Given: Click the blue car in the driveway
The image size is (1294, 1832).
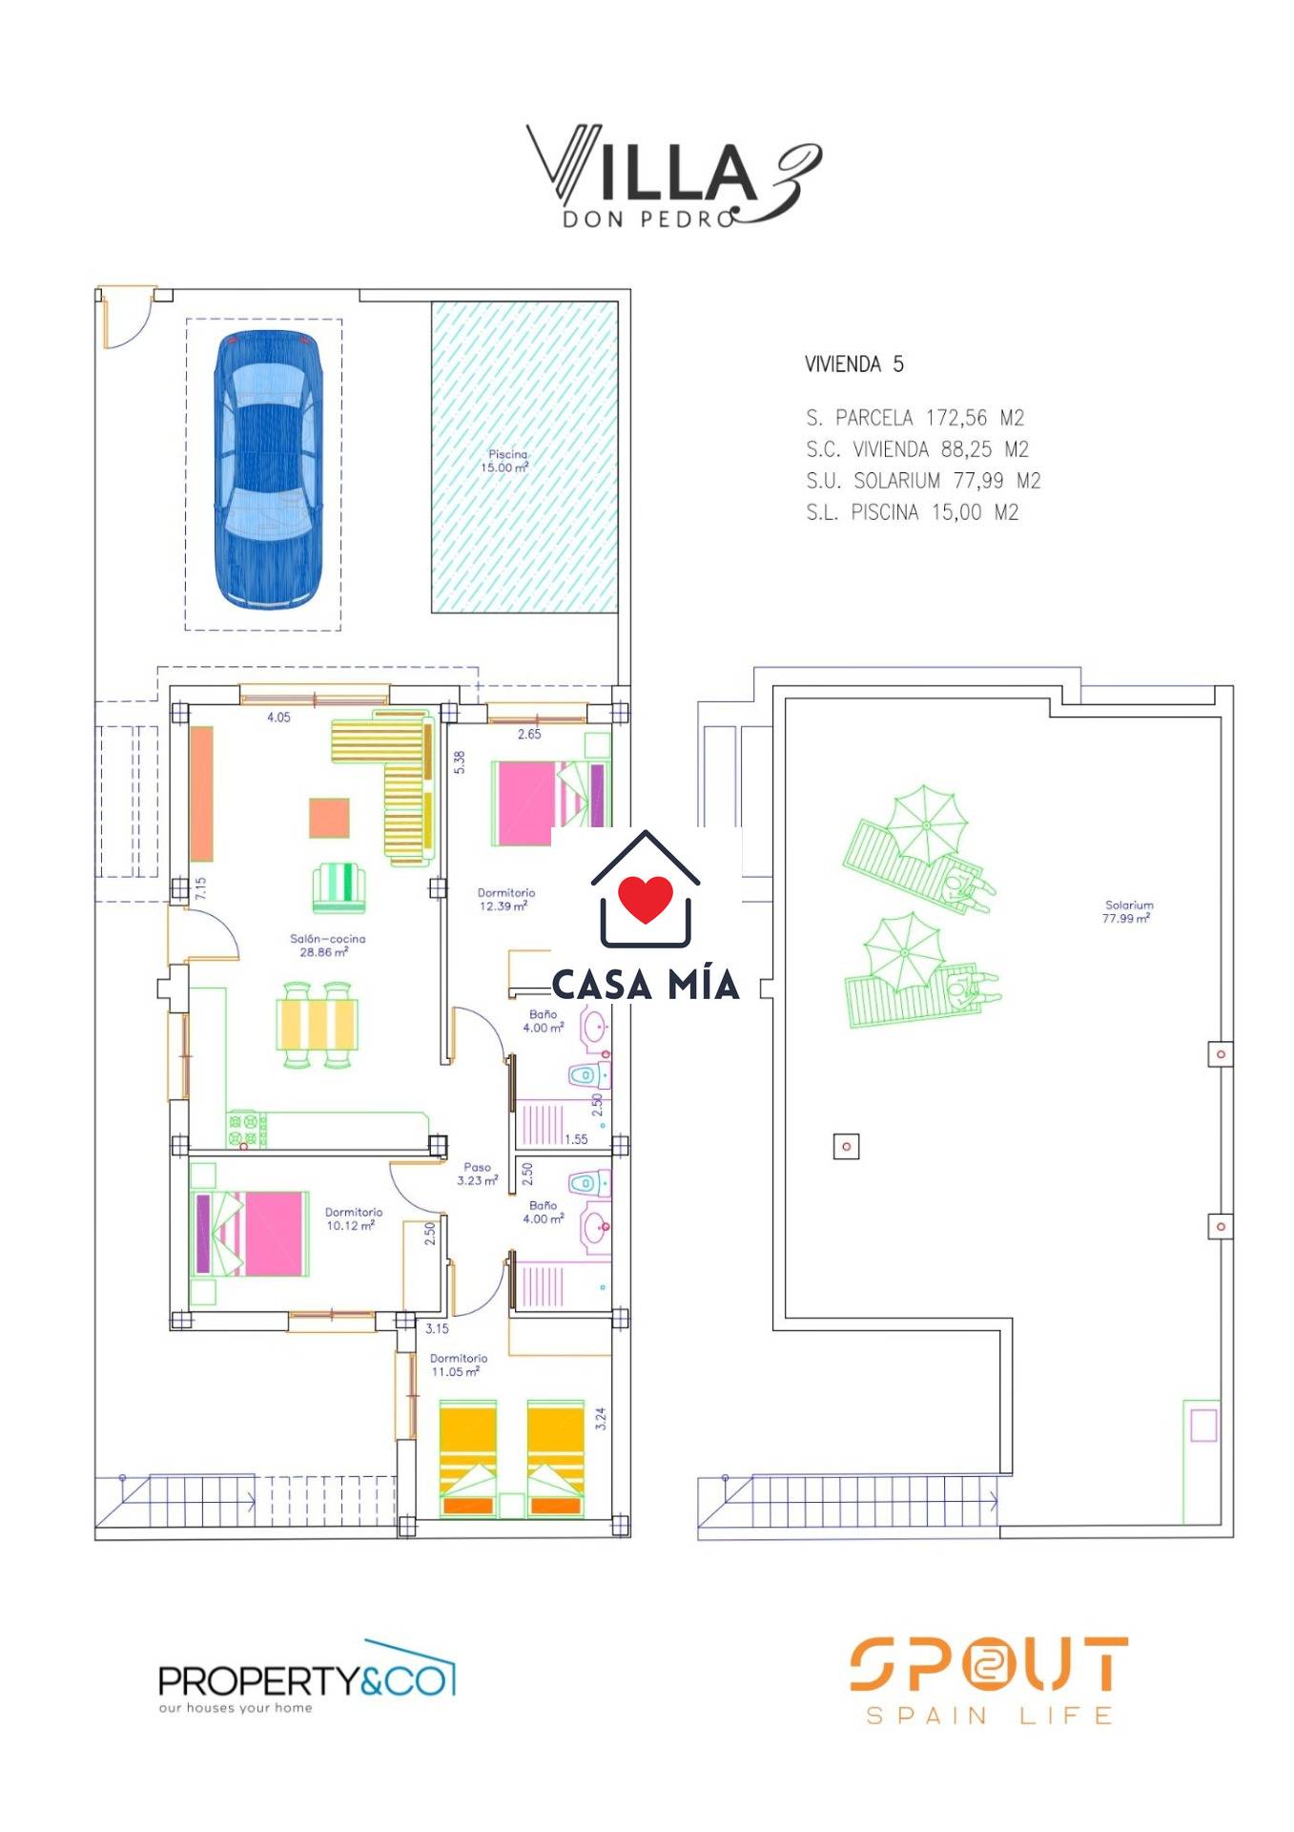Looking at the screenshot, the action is (268, 468).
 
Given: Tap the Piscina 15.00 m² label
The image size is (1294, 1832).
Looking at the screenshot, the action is (506, 461).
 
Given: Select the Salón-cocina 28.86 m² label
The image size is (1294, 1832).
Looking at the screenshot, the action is (327, 945).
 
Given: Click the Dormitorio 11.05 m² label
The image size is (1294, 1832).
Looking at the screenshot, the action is (458, 1364).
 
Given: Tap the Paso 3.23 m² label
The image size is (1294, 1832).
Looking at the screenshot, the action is (477, 1174).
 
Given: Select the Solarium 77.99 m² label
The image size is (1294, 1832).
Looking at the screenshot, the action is (1128, 911).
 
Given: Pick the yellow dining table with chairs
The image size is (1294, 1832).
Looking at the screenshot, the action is (318, 1024).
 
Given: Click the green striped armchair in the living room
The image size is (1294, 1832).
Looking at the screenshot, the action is (339, 887).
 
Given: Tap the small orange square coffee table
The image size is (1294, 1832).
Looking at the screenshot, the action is (329, 818).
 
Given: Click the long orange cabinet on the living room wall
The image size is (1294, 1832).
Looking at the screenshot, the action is (201, 794).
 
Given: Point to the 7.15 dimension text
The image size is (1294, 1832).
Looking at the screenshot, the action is (200, 888).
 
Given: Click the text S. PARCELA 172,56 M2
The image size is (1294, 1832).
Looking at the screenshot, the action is (914, 418).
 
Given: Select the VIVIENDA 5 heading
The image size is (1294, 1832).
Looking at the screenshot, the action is (853, 364).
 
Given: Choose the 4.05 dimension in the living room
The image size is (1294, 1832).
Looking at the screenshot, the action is (278, 718).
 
